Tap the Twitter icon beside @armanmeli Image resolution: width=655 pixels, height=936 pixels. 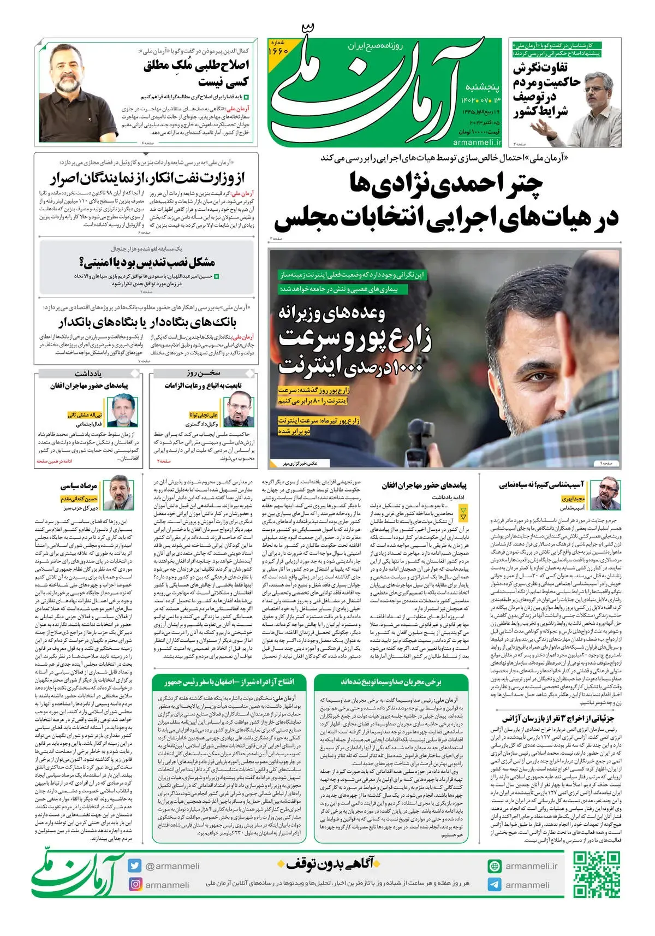pyautogui.click(x=135, y=866)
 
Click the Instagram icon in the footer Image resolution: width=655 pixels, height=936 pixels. pyautogui.click(x=135, y=884)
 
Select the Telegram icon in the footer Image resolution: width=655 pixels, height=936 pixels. pyautogui.click(x=495, y=885)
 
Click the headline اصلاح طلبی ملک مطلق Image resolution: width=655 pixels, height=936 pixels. pyautogui.click(x=196, y=73)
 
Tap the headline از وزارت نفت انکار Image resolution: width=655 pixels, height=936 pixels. pyautogui.click(x=147, y=178)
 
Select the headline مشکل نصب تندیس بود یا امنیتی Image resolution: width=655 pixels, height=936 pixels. pyautogui.click(x=147, y=263)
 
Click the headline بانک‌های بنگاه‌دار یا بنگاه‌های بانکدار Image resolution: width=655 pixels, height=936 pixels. pyautogui.click(x=147, y=322)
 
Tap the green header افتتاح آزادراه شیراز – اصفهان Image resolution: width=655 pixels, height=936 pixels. pyautogui.click(x=229, y=682)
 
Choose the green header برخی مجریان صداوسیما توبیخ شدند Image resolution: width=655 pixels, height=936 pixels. pyautogui.click(x=391, y=682)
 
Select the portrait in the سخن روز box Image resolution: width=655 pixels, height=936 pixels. pyautogui.click(x=240, y=411)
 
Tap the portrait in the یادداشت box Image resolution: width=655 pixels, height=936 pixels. pyautogui.click(x=122, y=411)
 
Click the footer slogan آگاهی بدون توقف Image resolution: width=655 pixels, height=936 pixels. pyautogui.click(x=329, y=864)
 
